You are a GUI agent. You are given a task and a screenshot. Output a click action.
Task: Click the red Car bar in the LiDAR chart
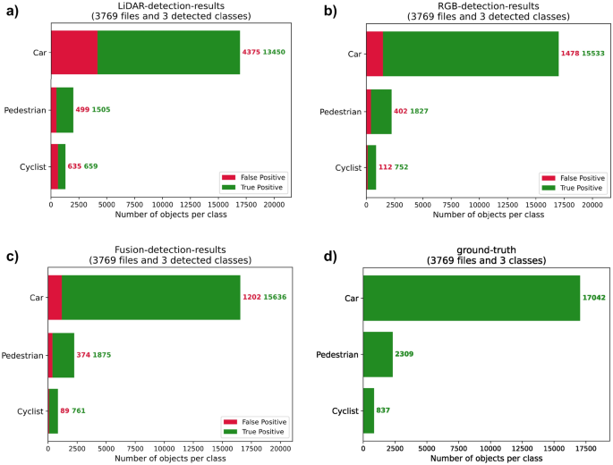pyautogui.click(x=73, y=52)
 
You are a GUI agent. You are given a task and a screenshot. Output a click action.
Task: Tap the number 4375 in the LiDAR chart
pyautogui.click(x=251, y=53)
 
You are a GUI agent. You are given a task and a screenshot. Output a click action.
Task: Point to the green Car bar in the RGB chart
pyautogui.click(x=470, y=53)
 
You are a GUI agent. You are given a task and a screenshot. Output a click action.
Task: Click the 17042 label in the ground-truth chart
pyautogui.click(x=595, y=298)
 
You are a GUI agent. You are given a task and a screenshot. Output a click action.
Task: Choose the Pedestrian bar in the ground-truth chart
pyautogui.click(x=378, y=354)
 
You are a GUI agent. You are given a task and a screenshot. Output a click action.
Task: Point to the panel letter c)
pyautogui.click(x=12, y=257)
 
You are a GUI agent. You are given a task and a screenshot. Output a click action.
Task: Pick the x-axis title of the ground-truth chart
pyautogui.click(x=487, y=459)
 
